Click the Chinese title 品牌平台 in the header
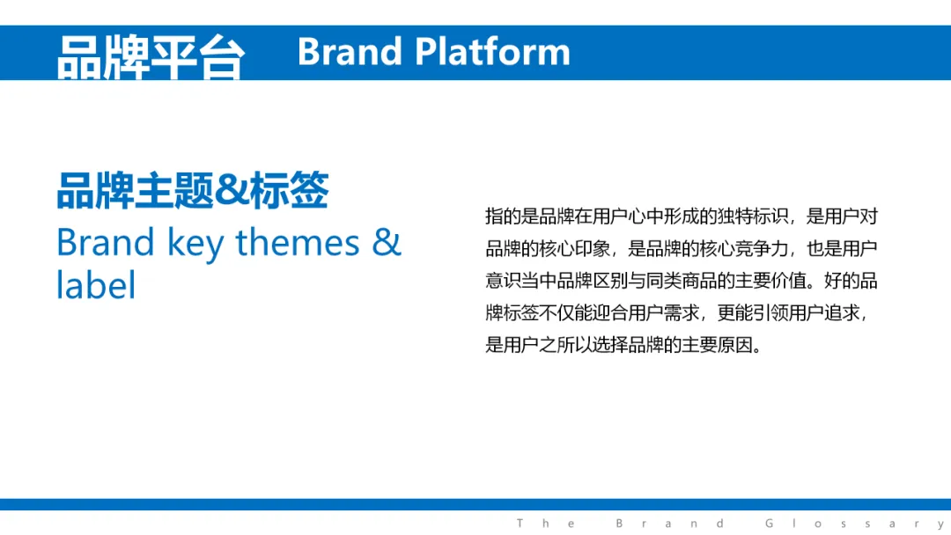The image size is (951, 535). click(x=151, y=57)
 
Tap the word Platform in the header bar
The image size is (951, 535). click(x=492, y=52)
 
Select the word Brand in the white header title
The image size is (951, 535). click(x=350, y=52)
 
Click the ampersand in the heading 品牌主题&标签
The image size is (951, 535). click(x=232, y=190)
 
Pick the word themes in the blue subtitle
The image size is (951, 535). click(x=298, y=242)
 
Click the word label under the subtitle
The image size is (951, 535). click(x=96, y=284)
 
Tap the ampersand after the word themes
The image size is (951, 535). click(x=387, y=242)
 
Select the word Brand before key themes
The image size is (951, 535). click(x=106, y=242)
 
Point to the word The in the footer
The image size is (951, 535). click(x=545, y=524)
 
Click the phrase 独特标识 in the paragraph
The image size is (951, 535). click(x=753, y=216)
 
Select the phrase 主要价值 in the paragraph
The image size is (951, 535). click(x=770, y=281)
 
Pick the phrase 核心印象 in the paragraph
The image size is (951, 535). click(x=574, y=248)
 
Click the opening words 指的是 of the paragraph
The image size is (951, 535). click(x=512, y=216)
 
